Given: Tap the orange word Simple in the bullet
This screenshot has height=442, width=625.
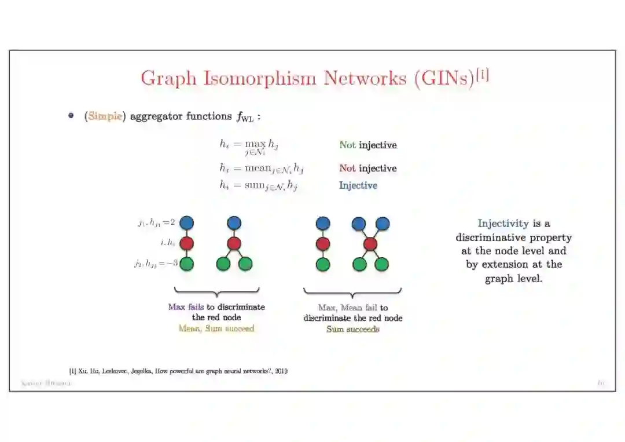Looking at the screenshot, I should pos(105,116).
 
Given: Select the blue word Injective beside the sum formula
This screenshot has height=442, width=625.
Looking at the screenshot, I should pos(358,185).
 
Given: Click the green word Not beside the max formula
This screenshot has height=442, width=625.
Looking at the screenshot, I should pos(347,145).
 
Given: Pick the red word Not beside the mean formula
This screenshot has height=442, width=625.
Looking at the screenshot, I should pos(347,168).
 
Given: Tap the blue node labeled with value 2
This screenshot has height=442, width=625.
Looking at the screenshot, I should pos(186,222).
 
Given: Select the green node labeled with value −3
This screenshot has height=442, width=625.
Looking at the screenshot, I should pos(186,264).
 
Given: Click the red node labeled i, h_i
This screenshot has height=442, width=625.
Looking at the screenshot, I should pos(186,243).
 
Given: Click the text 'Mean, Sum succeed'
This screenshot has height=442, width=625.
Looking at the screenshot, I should pos(216,328).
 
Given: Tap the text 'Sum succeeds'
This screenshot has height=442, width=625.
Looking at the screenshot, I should pos(352,329).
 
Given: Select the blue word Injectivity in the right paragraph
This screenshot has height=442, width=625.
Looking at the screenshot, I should pos(503,224).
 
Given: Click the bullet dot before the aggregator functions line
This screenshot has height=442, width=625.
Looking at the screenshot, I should pos(71,116).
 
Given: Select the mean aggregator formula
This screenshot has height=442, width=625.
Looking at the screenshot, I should pos(261,169).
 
